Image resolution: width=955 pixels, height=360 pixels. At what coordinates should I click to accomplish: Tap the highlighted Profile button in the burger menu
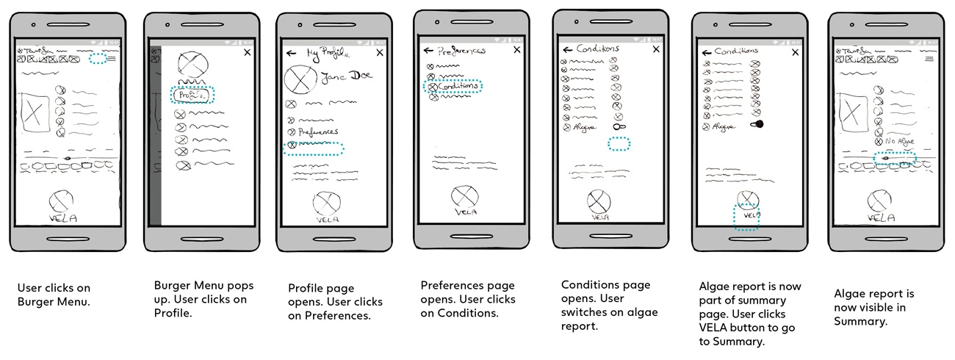192,95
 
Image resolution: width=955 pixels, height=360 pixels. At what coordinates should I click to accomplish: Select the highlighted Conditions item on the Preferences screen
455,87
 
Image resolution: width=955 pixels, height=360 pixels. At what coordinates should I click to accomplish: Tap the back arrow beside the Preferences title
428,51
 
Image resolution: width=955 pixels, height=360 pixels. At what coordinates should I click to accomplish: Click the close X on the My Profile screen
380,53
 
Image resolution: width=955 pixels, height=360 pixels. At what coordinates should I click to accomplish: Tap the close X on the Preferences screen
516,50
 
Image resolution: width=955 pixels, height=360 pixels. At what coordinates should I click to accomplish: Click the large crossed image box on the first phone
34,112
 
